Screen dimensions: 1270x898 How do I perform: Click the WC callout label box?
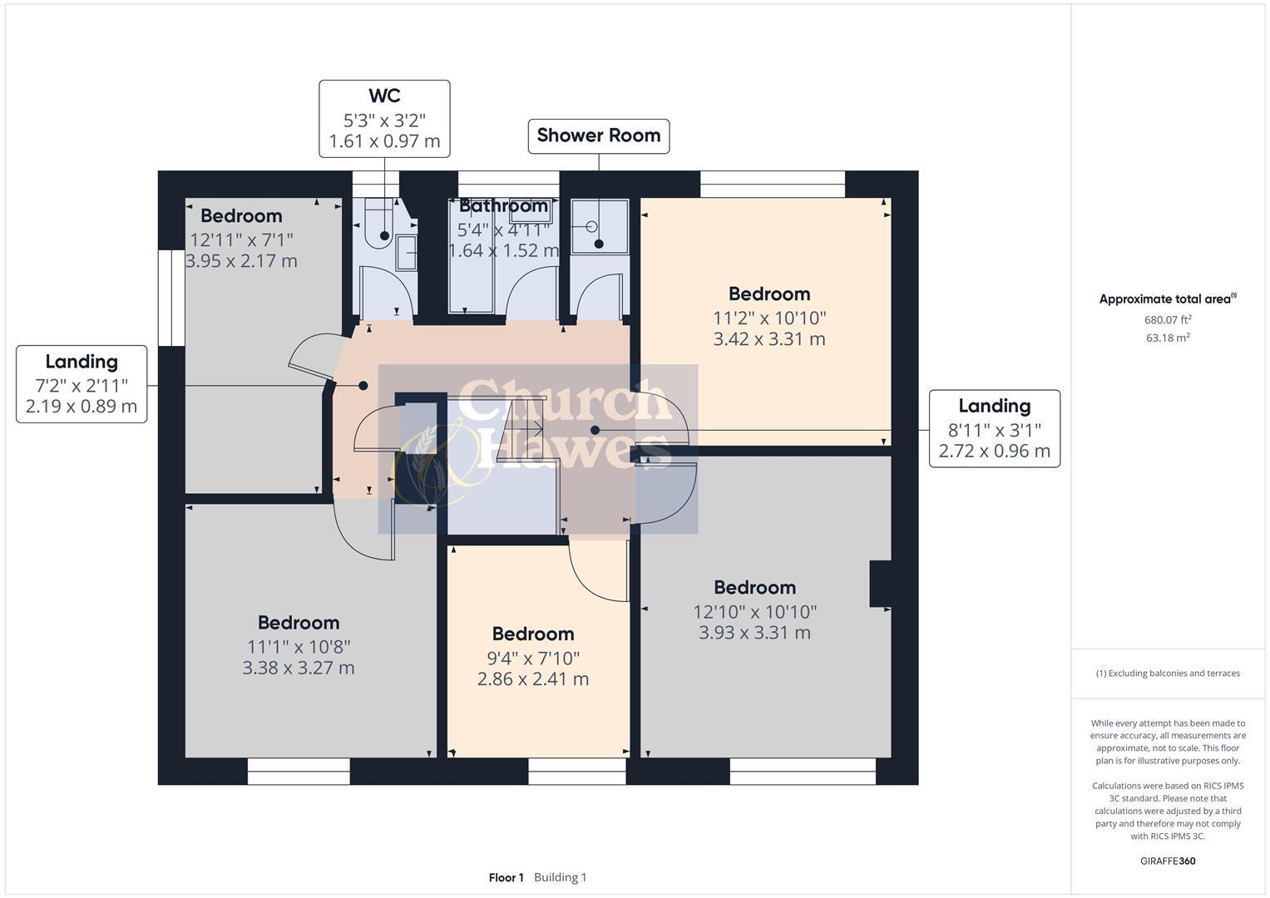tap(384, 118)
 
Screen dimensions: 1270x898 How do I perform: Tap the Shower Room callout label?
tap(599, 136)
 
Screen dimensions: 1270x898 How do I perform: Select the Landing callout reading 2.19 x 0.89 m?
tap(82, 384)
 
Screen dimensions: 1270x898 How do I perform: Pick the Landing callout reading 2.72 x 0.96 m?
tap(995, 428)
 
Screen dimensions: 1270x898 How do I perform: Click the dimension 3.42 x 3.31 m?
tap(768, 339)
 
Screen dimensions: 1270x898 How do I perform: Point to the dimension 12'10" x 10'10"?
tap(754, 612)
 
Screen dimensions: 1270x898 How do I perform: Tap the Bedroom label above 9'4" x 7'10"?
tap(533, 634)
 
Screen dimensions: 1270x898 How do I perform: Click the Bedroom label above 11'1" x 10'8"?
tap(299, 623)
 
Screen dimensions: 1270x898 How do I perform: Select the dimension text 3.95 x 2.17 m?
tap(241, 261)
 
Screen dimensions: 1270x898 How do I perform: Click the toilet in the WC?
tap(379, 224)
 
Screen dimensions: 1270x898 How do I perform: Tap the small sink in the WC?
tap(407, 253)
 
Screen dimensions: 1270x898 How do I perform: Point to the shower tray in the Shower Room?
tap(600, 225)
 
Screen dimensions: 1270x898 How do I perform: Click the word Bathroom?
tap(503, 205)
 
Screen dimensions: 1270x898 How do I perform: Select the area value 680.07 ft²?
tap(1168, 320)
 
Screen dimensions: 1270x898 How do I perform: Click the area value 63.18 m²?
tap(1168, 338)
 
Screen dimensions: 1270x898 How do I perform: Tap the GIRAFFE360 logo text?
tap(1168, 861)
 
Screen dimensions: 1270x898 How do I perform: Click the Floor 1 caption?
tap(506, 877)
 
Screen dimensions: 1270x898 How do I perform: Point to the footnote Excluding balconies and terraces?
tap(1168, 673)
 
